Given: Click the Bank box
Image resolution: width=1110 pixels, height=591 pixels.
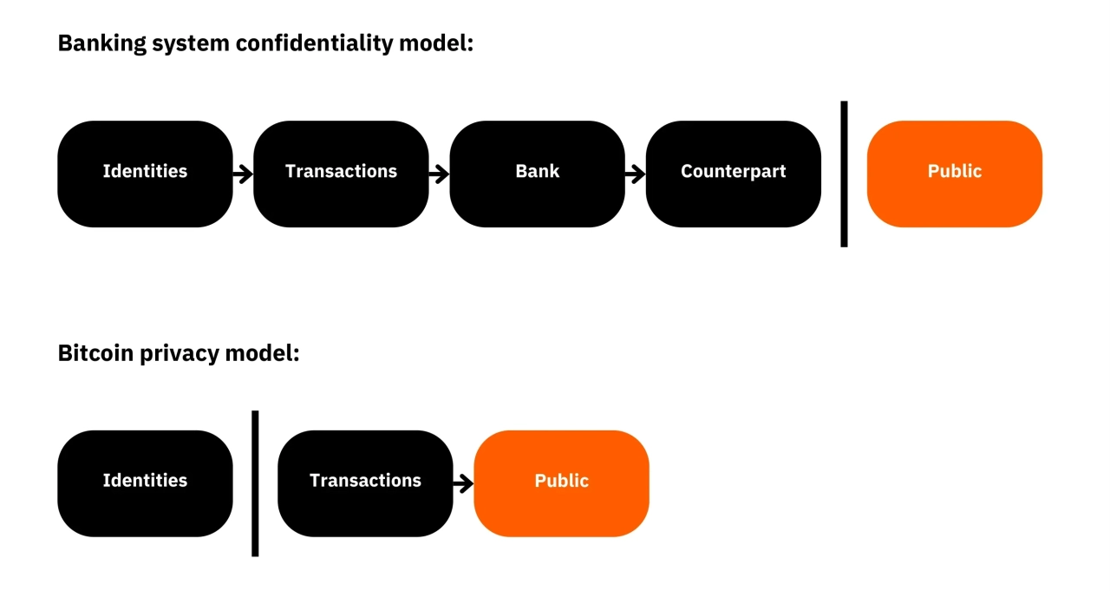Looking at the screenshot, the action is click(x=537, y=174).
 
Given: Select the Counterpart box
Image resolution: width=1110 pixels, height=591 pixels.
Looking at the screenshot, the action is click(x=734, y=174).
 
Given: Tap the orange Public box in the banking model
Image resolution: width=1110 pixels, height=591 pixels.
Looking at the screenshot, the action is click(x=955, y=174).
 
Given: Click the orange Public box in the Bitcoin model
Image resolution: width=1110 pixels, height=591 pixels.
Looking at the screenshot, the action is click(x=561, y=483).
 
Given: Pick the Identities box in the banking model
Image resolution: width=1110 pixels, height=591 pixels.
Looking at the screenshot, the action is click(x=145, y=174).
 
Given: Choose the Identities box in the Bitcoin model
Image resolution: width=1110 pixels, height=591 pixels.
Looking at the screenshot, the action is click(x=145, y=483).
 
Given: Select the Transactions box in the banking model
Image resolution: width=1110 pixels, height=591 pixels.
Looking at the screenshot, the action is click(x=341, y=174).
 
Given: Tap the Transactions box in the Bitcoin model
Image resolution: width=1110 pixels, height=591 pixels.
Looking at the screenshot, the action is click(x=365, y=483).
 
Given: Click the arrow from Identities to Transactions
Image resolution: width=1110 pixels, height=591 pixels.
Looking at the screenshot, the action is click(x=243, y=174).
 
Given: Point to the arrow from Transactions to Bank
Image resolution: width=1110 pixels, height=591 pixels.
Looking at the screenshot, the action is click(x=439, y=174).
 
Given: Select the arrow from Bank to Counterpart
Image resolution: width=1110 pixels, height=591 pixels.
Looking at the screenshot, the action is click(x=636, y=174).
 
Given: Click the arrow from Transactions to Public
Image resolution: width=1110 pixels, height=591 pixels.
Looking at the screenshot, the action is click(x=463, y=483).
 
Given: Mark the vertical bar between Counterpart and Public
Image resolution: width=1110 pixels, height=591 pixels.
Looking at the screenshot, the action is click(x=845, y=174).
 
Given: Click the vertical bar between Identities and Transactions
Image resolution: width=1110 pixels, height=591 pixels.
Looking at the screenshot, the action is click(x=255, y=483).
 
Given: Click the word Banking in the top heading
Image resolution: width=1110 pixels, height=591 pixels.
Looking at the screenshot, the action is click(x=102, y=44).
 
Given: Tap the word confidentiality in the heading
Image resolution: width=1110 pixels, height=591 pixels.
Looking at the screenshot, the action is click(x=315, y=43).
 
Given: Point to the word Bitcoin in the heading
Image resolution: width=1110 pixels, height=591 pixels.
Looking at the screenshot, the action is click(x=96, y=353).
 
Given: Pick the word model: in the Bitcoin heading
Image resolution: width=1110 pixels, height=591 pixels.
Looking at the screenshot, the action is click(x=262, y=353).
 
